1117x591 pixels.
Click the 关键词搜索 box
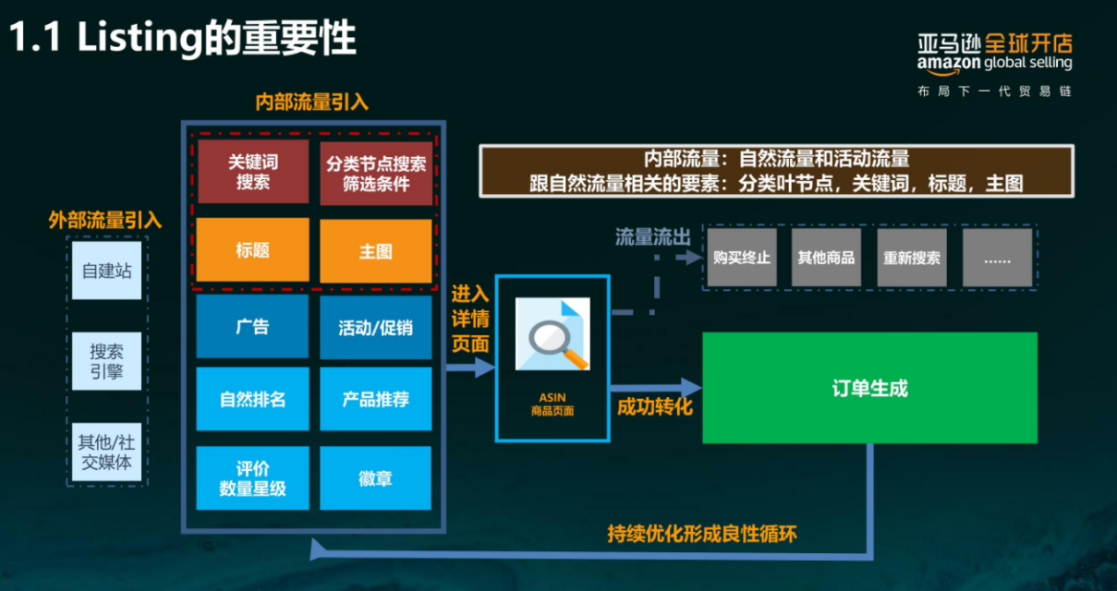[252, 171]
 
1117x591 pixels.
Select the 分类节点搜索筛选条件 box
[376, 172]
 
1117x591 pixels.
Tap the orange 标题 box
[252, 250]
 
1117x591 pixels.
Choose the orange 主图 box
[376, 250]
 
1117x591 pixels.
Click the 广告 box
[252, 326]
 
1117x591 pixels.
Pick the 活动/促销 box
[376, 327]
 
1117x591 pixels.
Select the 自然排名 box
[252, 399]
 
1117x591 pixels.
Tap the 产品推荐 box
[376, 399]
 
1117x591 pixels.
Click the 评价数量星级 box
[252, 478]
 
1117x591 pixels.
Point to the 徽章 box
[376, 478]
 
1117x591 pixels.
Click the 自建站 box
[107, 272]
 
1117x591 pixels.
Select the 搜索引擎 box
[107, 361]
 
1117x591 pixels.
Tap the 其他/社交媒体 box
[107, 452]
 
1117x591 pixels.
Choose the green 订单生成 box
[869, 388]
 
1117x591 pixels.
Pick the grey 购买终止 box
[741, 258]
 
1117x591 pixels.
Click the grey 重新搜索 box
[911, 258]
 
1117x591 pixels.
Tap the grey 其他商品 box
[826, 258]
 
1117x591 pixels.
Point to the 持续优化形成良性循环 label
[701, 533]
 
